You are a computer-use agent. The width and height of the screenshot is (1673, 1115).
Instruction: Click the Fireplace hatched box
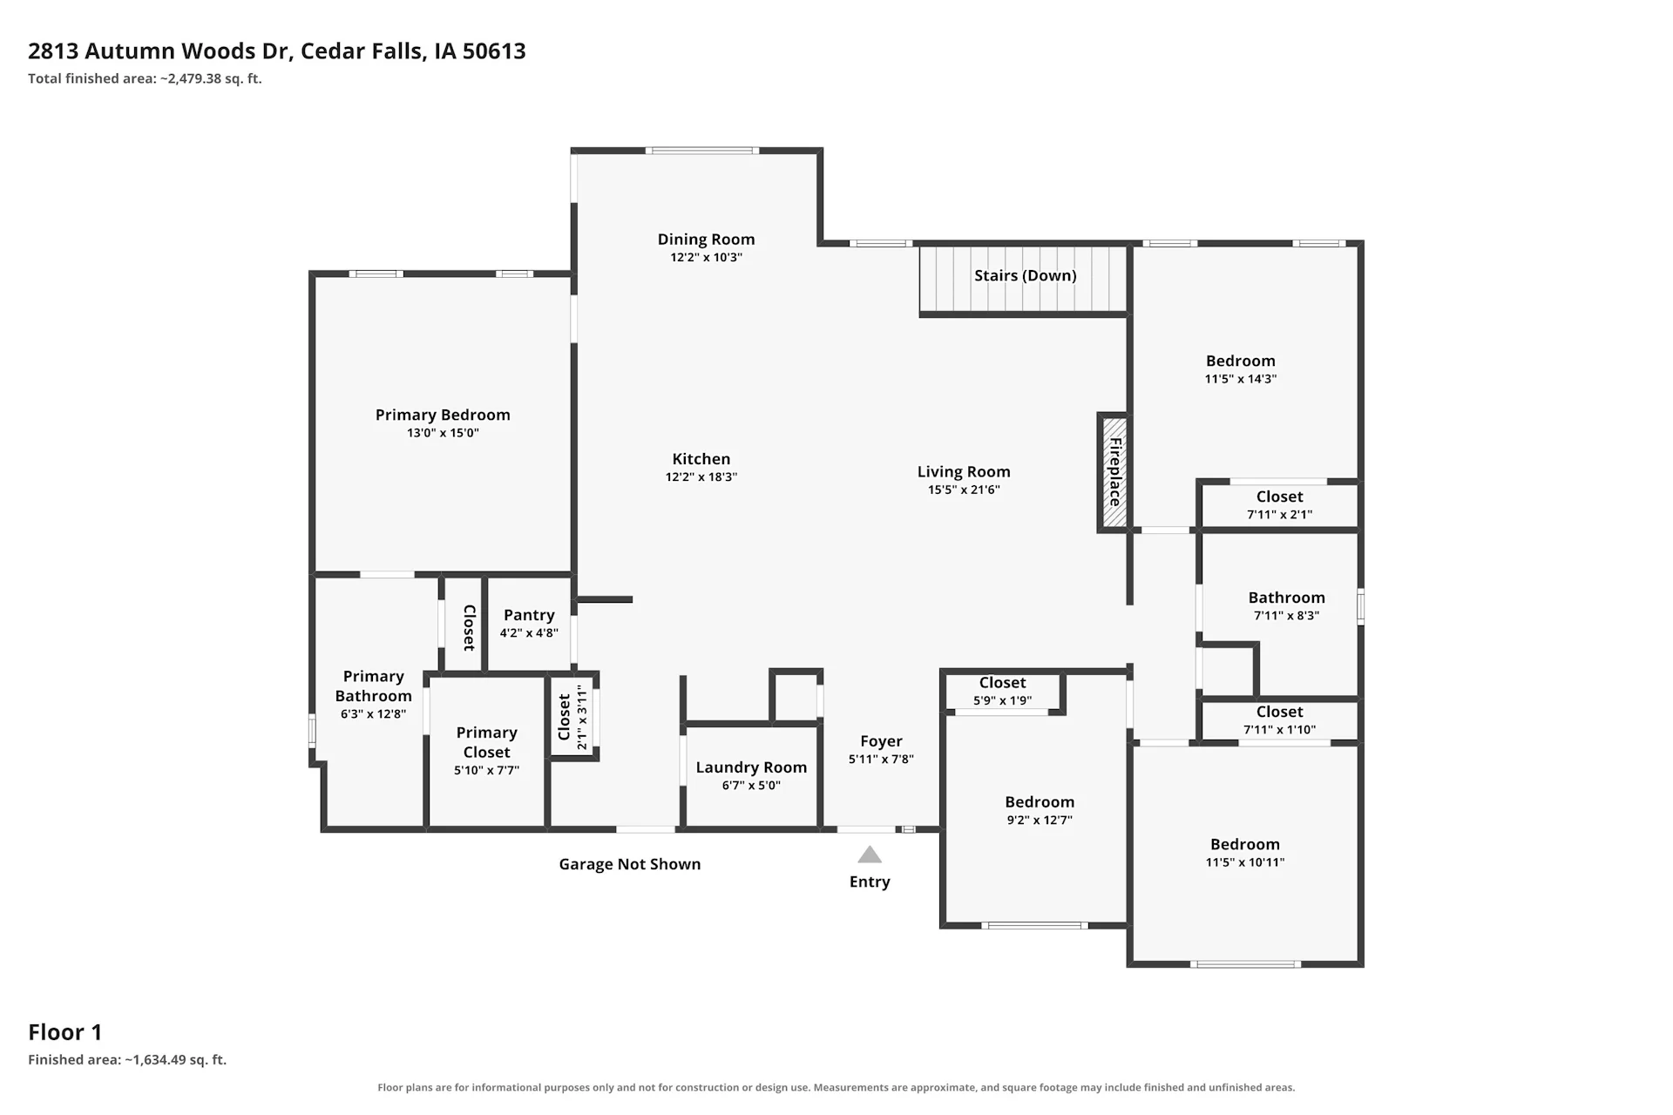(x=1114, y=473)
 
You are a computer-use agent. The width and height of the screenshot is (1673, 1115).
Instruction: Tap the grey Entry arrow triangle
(x=870, y=855)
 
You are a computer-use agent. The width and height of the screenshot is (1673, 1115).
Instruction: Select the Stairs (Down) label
(x=1025, y=275)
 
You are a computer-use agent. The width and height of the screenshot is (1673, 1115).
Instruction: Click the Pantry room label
(x=529, y=615)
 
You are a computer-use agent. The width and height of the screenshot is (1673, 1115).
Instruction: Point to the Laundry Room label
(x=751, y=767)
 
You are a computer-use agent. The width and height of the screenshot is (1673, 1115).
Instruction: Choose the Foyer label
(x=881, y=741)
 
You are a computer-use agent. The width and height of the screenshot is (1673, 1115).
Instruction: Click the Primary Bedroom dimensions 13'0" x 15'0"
(x=443, y=433)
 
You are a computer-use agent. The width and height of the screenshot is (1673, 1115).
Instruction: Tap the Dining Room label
(x=706, y=240)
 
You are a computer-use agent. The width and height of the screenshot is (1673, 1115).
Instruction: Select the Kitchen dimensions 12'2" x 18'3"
(x=701, y=477)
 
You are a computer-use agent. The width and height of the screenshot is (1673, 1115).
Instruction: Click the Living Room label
(x=964, y=472)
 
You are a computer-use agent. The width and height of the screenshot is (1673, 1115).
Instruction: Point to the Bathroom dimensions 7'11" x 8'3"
(x=1286, y=616)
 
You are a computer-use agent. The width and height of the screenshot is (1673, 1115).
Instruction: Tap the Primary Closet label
(x=486, y=742)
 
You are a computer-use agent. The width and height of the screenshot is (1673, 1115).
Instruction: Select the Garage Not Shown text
(x=630, y=864)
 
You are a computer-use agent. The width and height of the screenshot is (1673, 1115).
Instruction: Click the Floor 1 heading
(x=65, y=1032)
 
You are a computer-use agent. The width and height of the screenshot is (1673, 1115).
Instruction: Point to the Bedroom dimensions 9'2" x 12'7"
(x=1040, y=821)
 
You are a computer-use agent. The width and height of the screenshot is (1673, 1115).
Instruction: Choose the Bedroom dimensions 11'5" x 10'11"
(x=1245, y=862)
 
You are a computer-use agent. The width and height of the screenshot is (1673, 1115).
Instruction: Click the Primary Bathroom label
(x=373, y=686)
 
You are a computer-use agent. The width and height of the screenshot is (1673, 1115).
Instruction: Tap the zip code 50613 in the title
(x=494, y=51)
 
